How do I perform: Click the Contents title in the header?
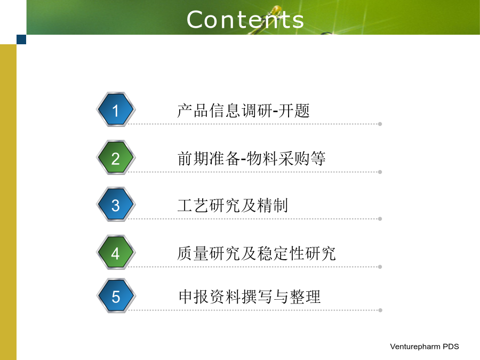[245, 20]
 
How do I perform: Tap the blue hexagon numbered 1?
[116, 109]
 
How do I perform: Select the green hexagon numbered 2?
[116, 158]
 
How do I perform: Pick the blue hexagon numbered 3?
[116, 204]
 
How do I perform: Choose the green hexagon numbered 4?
[116, 253]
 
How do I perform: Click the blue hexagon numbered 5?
[116, 296]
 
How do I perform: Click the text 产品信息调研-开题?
[243, 110]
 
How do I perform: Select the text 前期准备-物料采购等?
[251, 158]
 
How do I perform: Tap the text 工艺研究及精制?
[233, 205]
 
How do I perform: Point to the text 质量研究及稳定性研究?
[257, 253]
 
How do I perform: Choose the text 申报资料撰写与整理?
[250, 297]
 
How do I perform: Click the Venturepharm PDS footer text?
[425, 347]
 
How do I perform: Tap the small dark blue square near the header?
[21, 39]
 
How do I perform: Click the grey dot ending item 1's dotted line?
[380, 124]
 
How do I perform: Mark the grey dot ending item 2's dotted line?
[380, 172]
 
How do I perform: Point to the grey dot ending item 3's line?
[380, 219]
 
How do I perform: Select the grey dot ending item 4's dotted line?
[380, 267]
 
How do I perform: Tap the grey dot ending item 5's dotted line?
[380, 310]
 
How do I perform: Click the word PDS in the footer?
[451, 347]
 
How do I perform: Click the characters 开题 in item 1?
[294, 110]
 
